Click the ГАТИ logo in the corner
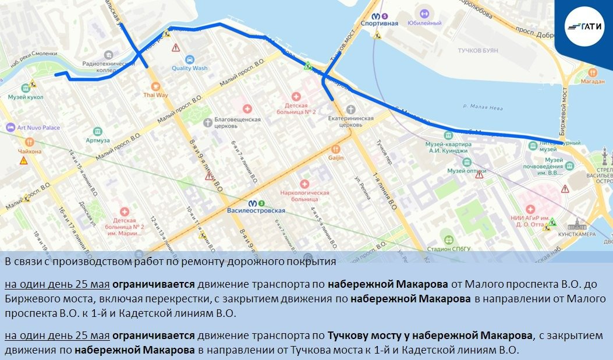point(584,26)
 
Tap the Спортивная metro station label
point(379,23)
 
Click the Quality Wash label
point(189,68)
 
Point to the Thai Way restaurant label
point(155,94)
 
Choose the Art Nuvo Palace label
point(38,127)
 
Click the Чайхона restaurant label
point(30,151)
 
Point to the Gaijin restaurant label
point(336,157)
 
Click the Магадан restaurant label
point(593,82)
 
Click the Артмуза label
point(97,140)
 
